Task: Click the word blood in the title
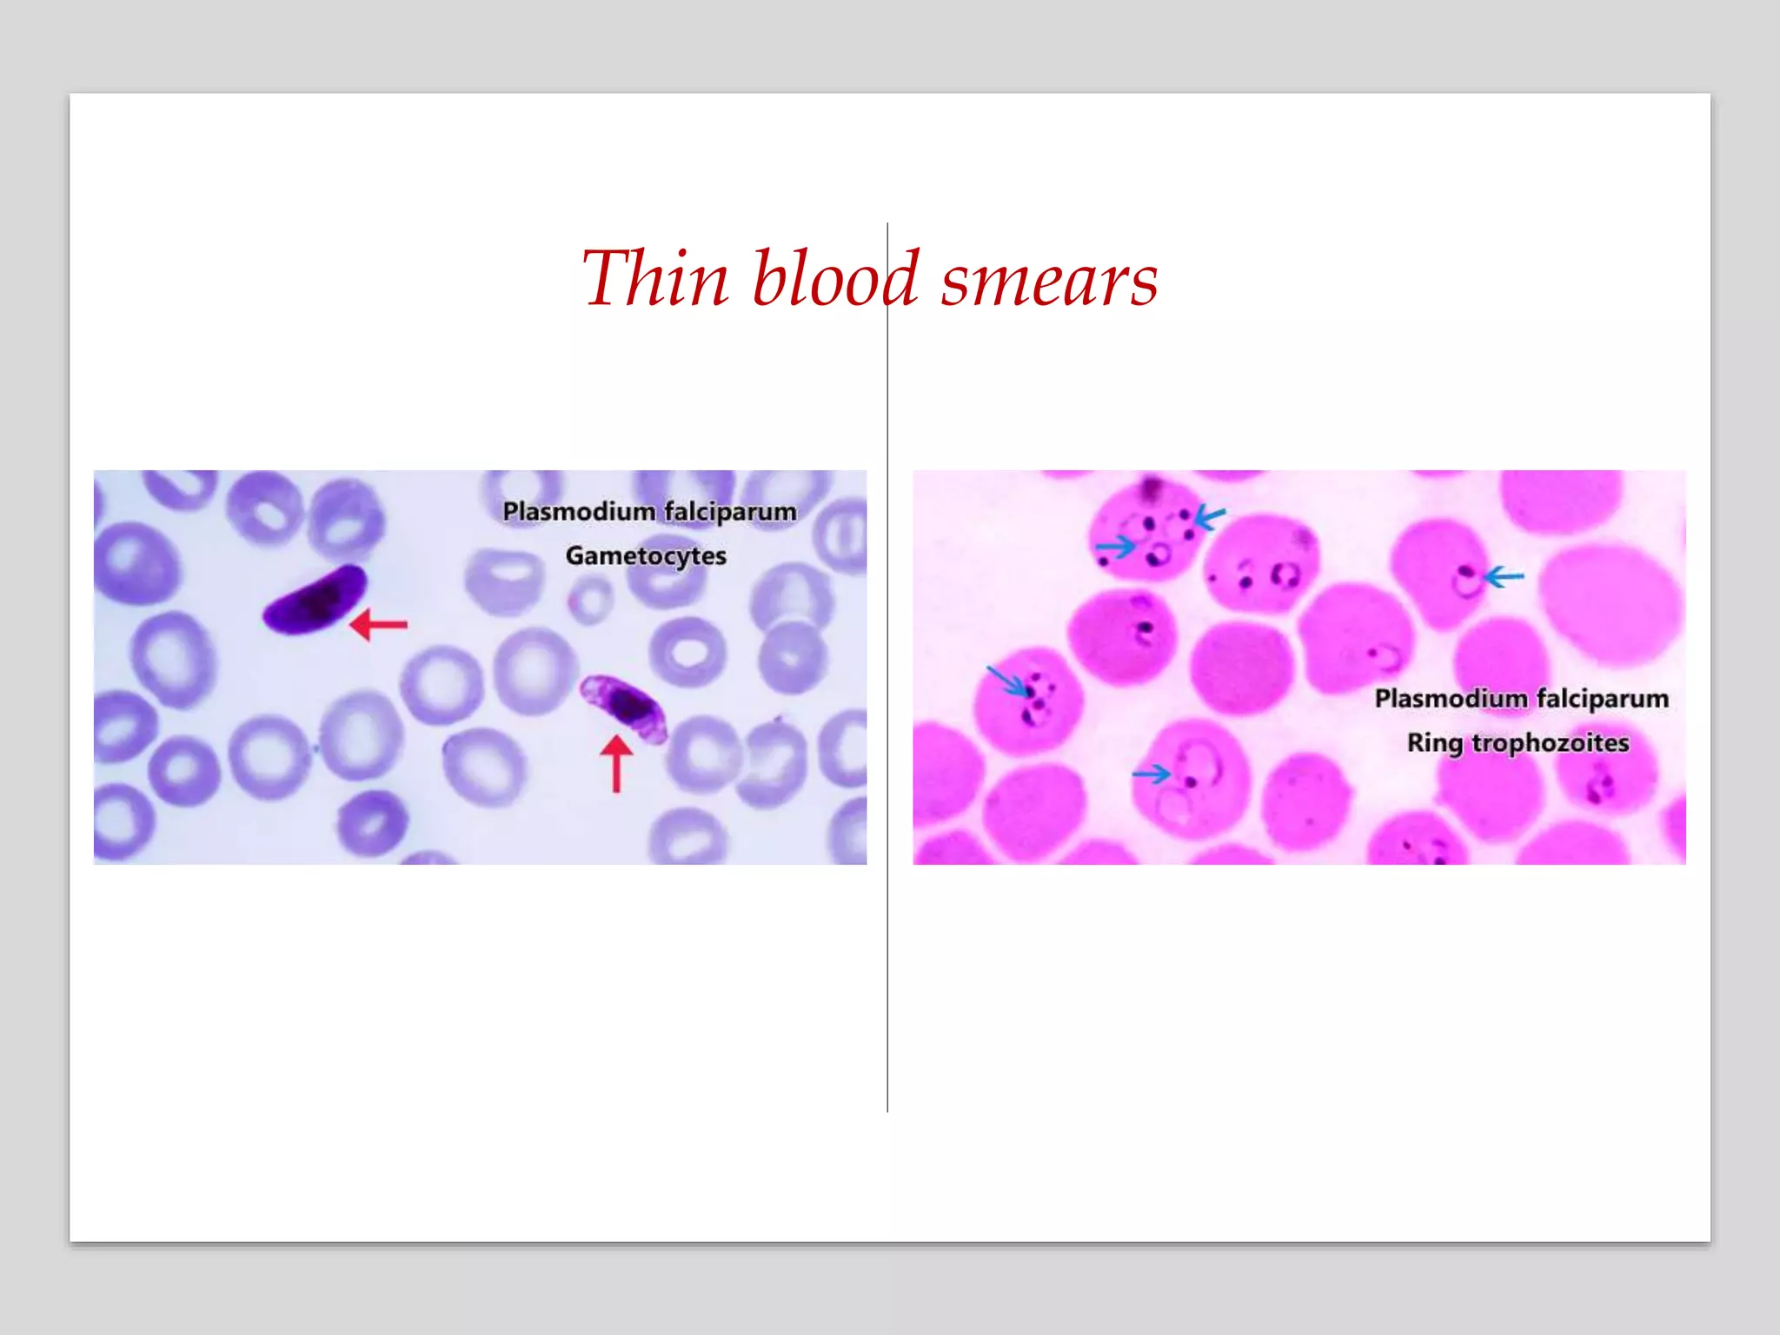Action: tap(834, 280)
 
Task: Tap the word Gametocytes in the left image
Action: tap(646, 556)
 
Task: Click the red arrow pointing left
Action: tap(378, 624)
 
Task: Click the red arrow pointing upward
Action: tap(616, 763)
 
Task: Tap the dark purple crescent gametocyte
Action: tap(315, 599)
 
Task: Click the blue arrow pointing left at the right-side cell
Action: tap(1504, 576)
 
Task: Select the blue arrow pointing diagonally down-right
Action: tap(1006, 680)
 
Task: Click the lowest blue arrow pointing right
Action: tap(1152, 773)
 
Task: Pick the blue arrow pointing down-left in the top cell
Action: tap(1210, 517)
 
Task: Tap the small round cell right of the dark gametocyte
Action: tap(591, 600)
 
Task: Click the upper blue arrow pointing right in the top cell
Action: tap(1115, 547)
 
